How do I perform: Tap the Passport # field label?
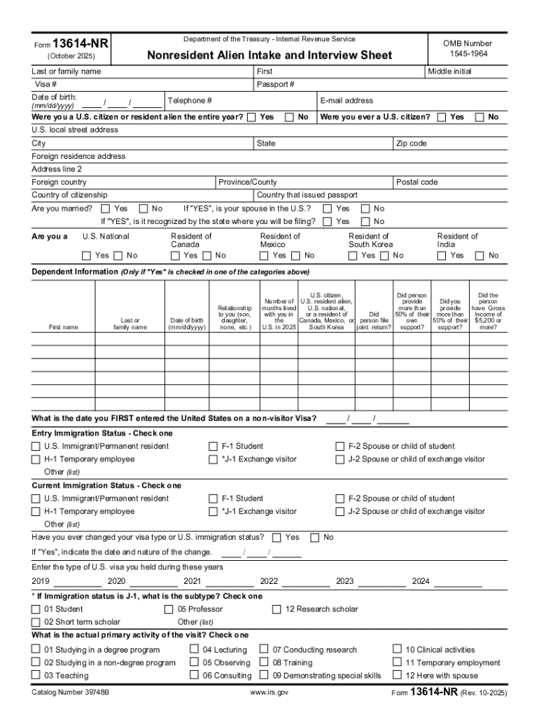(x=275, y=85)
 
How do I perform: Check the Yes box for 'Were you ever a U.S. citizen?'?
(x=442, y=117)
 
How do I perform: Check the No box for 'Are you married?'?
(x=143, y=209)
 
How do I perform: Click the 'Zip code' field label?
(x=412, y=144)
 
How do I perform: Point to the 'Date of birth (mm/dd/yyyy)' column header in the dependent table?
(x=187, y=323)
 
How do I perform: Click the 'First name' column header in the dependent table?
(x=64, y=327)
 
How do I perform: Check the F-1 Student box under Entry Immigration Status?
(x=213, y=446)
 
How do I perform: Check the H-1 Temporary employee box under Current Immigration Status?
(x=36, y=512)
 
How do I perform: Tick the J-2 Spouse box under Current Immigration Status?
(x=341, y=512)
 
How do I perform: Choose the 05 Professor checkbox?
(x=169, y=609)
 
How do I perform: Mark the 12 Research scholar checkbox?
(x=277, y=609)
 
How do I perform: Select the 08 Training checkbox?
(x=264, y=662)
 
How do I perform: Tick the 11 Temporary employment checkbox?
(x=397, y=662)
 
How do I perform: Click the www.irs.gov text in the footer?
(x=269, y=692)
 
